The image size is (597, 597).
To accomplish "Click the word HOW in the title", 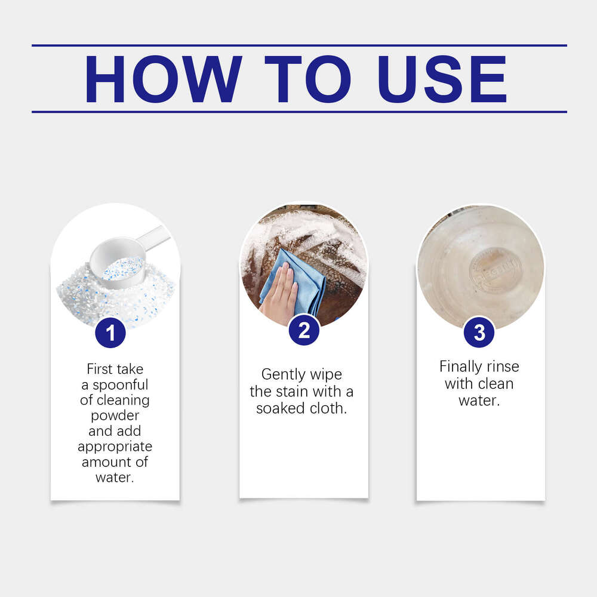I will point(163,79).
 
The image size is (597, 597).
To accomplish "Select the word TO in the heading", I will point(307,79).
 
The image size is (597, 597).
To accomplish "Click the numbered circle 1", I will point(110,333).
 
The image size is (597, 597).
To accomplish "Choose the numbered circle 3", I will point(479,333).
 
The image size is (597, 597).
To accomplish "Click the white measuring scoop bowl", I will point(118,263).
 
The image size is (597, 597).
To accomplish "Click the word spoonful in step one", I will point(121,384).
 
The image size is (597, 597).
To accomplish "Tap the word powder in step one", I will point(115,415).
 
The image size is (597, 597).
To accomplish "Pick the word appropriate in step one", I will point(115,446).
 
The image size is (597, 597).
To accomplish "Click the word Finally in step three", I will point(460,366).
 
